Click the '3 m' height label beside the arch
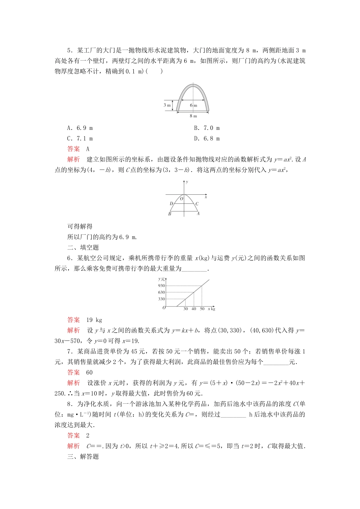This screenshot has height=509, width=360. [x=167, y=105]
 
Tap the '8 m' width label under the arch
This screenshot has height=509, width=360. [x=193, y=116]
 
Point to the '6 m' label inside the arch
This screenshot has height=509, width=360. [x=193, y=105]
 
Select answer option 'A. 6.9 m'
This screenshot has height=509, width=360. [x=80, y=128]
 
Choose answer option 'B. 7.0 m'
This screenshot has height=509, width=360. [x=207, y=128]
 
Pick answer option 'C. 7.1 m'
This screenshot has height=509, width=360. [x=80, y=139]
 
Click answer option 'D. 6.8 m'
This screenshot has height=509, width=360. [x=207, y=139]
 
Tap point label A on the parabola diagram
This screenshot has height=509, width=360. [x=198, y=214]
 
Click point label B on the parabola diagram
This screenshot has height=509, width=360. [x=170, y=214]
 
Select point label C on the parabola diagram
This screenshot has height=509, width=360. [x=197, y=204]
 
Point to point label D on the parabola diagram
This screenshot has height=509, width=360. [x=171, y=204]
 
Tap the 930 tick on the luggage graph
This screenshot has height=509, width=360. [x=162, y=286]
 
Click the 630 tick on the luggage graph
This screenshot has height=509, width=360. [x=162, y=292]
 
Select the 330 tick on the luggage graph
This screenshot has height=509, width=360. [x=162, y=299]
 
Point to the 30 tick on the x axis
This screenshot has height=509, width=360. [x=186, y=309]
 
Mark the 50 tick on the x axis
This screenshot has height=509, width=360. [x=202, y=309]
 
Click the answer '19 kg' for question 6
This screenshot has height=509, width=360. [x=94, y=320]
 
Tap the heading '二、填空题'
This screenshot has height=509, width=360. [x=83, y=248]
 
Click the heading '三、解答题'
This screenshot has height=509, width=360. [x=83, y=457]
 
